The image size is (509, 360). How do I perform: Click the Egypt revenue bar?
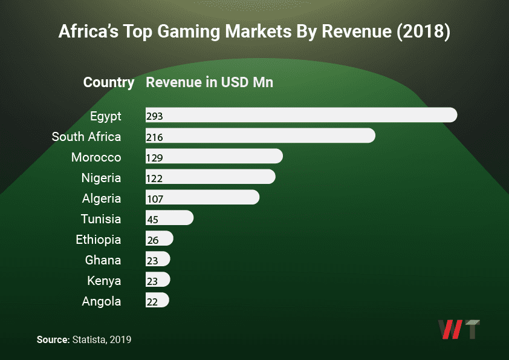(x=301, y=116)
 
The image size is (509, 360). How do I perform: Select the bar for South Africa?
(x=260, y=136)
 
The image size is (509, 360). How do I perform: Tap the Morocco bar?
(x=214, y=157)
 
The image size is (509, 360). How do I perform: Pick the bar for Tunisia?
(x=169, y=218)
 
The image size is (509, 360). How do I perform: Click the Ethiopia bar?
(x=160, y=239)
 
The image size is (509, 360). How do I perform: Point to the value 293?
(x=155, y=116)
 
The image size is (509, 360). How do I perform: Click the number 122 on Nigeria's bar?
(x=155, y=178)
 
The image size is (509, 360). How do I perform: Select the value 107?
(x=155, y=198)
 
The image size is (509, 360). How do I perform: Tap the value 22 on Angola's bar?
(x=152, y=301)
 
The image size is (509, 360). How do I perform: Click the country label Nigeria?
(x=101, y=178)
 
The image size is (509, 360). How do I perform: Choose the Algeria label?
(x=101, y=198)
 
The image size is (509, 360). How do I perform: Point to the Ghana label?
(x=103, y=260)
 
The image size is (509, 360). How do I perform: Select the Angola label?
(x=101, y=301)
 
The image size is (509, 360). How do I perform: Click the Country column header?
(x=109, y=82)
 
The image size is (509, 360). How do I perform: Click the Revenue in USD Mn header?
(x=210, y=82)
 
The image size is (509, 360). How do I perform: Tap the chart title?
(x=254, y=32)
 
